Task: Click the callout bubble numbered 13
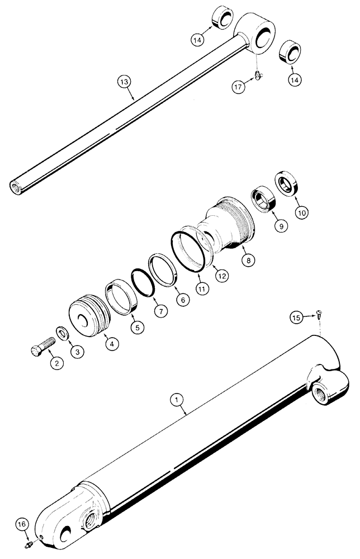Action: (x=124, y=82)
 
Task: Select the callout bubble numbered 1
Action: (x=177, y=400)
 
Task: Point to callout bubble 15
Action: (x=296, y=318)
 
